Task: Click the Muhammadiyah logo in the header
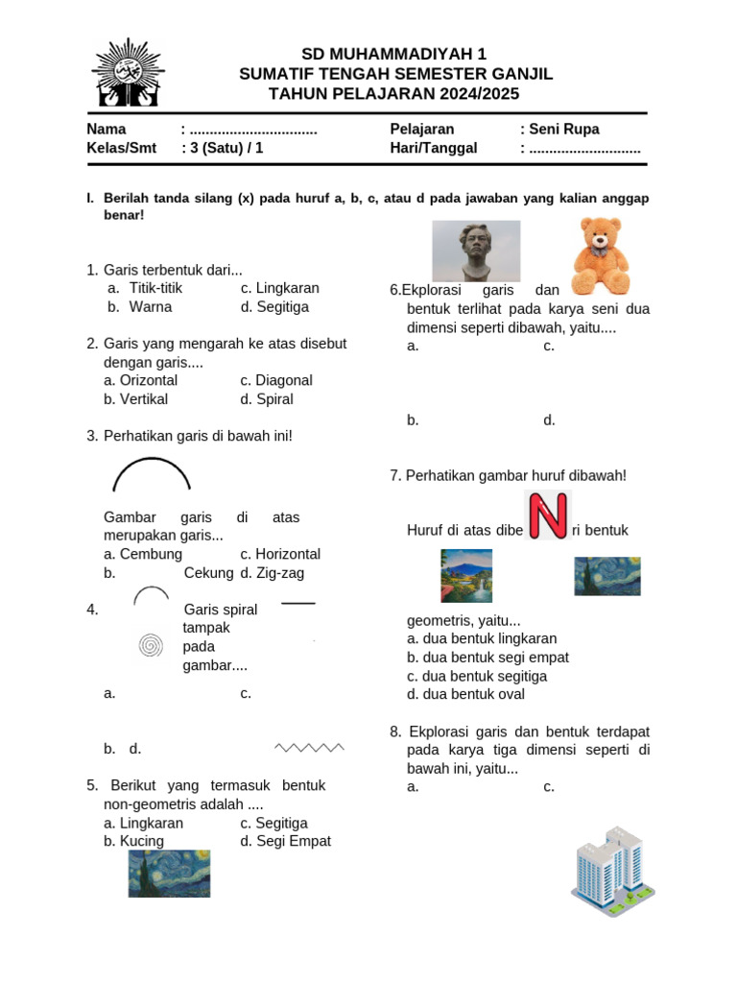[x=127, y=73]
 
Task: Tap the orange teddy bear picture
[x=602, y=255]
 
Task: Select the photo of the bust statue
[x=476, y=251]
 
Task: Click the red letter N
[x=548, y=515]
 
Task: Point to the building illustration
[x=612, y=871]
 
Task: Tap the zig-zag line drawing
[x=309, y=747]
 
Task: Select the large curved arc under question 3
[x=152, y=474]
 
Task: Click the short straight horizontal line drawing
[x=298, y=603]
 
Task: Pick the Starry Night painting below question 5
[x=169, y=873]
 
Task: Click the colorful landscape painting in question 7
[x=466, y=575]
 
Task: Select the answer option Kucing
[x=141, y=841]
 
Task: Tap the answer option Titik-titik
[x=155, y=288]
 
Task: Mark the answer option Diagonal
[x=283, y=380]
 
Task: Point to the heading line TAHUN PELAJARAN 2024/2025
[x=393, y=93]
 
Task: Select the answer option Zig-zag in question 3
[x=288, y=573]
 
